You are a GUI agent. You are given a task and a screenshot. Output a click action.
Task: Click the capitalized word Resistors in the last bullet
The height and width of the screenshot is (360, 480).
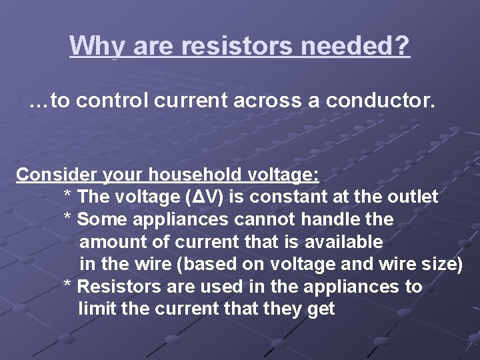[117, 287]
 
